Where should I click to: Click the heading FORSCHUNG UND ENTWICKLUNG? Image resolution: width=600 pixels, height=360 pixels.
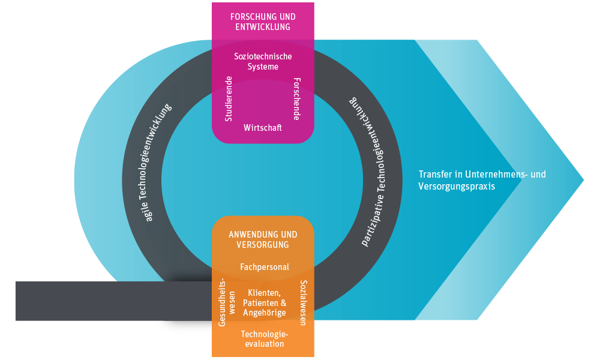click(x=263, y=22)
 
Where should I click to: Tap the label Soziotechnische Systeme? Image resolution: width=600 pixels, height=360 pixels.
click(x=263, y=61)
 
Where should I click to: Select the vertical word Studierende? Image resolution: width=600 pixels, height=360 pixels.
click(x=229, y=99)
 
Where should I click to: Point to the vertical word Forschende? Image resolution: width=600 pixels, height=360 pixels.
click(x=296, y=99)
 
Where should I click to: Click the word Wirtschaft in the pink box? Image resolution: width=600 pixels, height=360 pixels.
click(x=263, y=128)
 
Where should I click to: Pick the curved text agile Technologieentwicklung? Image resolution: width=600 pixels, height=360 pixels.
click(x=158, y=162)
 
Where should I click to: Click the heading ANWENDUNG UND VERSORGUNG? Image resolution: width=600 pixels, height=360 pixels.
click(x=263, y=240)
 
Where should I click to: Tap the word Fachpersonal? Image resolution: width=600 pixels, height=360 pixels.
click(x=264, y=267)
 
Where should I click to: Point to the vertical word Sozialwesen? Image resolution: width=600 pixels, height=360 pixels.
click(x=303, y=302)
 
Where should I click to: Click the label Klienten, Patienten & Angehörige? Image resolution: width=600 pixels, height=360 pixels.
click(x=264, y=302)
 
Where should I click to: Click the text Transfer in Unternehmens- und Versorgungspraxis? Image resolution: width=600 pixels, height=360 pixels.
click(x=482, y=180)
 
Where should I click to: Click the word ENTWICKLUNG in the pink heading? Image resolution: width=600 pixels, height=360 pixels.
click(x=263, y=27)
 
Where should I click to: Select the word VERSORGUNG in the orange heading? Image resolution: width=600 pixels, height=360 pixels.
click(x=263, y=245)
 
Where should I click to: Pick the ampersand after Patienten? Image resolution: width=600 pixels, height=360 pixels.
click(x=284, y=302)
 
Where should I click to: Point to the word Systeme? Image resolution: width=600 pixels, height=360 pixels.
click(x=263, y=67)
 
